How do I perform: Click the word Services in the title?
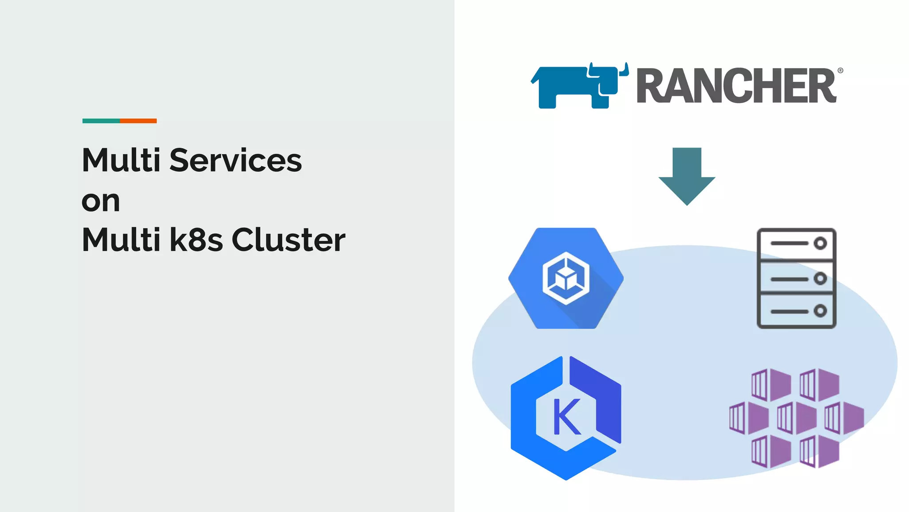(235, 160)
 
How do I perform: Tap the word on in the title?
(101, 201)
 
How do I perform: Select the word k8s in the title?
(196, 240)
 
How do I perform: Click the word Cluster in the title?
(288, 240)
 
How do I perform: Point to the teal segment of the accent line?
(101, 121)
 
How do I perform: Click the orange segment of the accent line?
(138, 121)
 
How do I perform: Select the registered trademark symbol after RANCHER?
(840, 71)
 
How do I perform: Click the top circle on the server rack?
(820, 243)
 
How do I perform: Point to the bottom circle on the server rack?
(820, 311)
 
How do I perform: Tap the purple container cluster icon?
(796, 418)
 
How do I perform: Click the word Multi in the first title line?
(121, 160)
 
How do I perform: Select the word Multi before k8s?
(121, 240)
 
